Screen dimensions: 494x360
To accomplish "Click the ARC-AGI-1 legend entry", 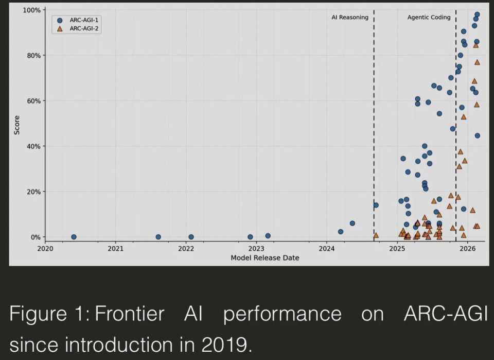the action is coord(78,20).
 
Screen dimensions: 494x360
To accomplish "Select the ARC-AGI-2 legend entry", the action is coord(78,29).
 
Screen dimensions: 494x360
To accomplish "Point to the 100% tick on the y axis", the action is coord(31,10).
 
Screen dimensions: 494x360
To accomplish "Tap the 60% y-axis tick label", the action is coord(33,101).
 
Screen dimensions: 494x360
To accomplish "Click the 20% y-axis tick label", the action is coord(33,192).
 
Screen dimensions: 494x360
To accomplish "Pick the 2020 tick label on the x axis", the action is coord(45,249).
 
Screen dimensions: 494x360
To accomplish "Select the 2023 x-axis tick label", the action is coord(256,249).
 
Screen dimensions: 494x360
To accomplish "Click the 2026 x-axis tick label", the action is coord(468,249).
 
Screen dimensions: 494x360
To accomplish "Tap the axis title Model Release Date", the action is coord(265,258).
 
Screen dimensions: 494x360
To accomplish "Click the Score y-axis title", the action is coord(16,125).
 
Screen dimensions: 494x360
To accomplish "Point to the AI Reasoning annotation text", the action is coord(350,18).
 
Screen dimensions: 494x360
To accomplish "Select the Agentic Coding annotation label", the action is coord(429,18).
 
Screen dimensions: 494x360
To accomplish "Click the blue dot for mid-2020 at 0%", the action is coord(74,237).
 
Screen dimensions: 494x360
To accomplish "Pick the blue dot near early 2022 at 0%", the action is coord(191,237).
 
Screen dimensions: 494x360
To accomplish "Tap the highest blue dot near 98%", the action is coord(477,14).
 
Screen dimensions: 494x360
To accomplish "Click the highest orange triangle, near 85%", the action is coord(475,45).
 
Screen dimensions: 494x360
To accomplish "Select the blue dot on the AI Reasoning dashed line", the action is coord(376,205).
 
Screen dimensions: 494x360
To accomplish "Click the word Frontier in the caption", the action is coord(130,314).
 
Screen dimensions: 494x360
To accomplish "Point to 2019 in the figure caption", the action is coord(224,345).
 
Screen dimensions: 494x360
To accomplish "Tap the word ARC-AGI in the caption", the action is coord(446,314).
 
